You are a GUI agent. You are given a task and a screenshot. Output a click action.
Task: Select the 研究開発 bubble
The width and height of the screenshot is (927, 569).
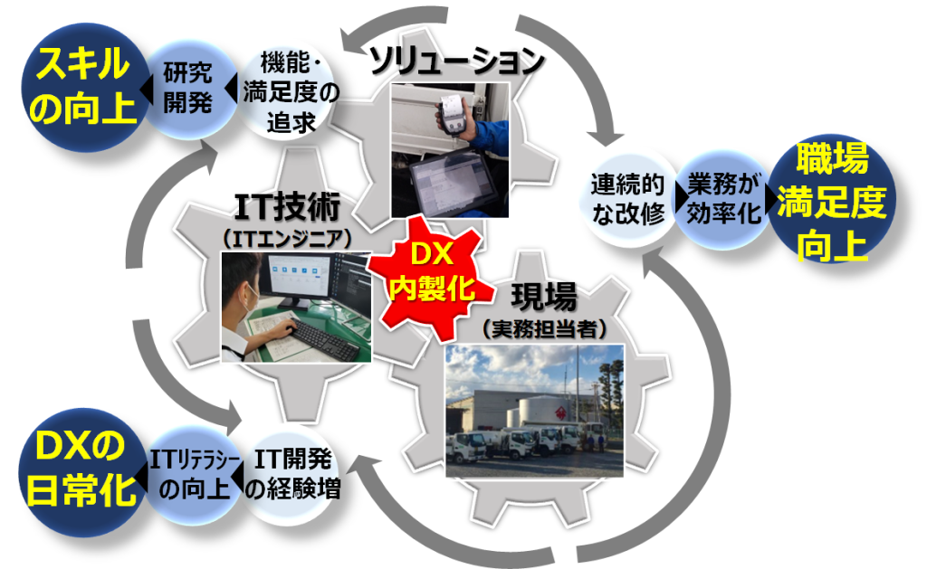(188, 89)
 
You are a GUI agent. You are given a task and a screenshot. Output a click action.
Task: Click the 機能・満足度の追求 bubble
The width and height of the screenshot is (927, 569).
(291, 91)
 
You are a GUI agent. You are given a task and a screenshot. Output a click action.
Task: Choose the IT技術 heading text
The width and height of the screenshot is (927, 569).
(288, 207)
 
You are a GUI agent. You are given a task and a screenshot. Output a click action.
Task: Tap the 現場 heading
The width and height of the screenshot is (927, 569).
(543, 297)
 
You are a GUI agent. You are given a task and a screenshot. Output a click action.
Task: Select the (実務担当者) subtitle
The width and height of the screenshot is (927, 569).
(544, 328)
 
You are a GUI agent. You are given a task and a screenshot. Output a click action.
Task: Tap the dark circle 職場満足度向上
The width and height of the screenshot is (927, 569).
(832, 200)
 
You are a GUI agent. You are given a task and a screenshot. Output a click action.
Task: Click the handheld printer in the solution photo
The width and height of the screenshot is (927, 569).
(454, 118)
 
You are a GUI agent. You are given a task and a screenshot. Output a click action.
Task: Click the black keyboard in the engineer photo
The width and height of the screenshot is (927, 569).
(323, 339)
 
